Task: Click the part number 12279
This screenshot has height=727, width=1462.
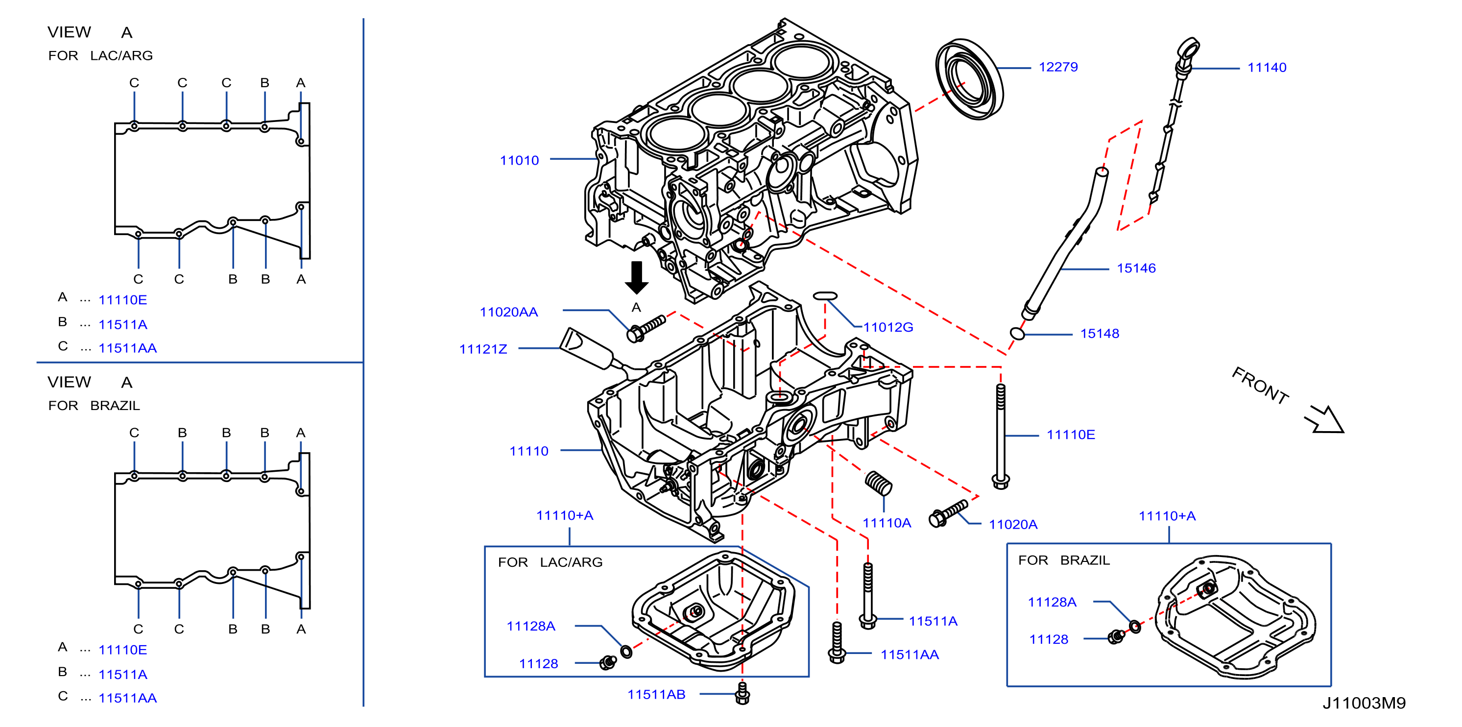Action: (1058, 67)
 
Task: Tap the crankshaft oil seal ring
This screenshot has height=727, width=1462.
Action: (968, 79)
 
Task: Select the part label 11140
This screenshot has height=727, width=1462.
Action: (1267, 68)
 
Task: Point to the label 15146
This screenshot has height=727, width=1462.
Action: (1136, 268)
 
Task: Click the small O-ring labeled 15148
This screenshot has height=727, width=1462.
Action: (1018, 334)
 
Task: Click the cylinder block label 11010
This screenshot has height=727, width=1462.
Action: (519, 161)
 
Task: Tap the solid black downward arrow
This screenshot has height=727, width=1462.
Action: (637, 277)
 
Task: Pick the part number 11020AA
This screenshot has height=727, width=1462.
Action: (508, 312)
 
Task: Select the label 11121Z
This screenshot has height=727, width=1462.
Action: (483, 349)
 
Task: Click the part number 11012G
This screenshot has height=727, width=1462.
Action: (888, 327)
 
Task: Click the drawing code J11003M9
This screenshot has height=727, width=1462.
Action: (1364, 703)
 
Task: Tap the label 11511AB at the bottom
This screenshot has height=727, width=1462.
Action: (656, 694)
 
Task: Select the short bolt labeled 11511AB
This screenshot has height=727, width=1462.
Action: (743, 693)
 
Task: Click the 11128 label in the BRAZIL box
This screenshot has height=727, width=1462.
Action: (1049, 640)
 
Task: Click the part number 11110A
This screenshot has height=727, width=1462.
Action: (887, 523)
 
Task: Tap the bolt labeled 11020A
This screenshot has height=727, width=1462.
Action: (948, 512)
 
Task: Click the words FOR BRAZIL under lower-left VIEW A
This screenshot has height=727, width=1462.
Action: (94, 406)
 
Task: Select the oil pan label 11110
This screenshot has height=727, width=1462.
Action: (529, 451)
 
